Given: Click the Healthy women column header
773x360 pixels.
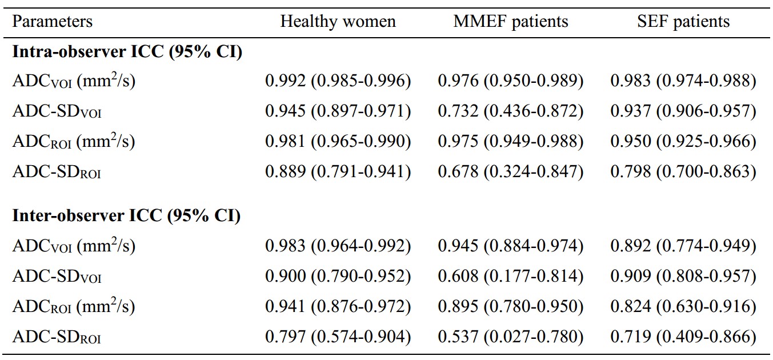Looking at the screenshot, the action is click(338, 21).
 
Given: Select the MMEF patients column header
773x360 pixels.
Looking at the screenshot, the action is click(510, 21).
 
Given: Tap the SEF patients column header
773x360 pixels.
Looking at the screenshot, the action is click(683, 21).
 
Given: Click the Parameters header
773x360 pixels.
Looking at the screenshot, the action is click(53, 21).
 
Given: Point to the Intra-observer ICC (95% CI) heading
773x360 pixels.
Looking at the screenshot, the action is click(127, 52).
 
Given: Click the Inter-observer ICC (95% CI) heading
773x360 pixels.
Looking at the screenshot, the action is click(126, 216).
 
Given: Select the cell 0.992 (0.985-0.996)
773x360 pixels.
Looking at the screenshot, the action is click(338, 81).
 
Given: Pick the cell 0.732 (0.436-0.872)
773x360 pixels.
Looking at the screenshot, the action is click(510, 111).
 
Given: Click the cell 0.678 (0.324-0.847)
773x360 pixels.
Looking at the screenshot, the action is click(510, 171).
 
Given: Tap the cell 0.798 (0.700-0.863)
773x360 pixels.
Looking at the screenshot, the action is click(683, 171).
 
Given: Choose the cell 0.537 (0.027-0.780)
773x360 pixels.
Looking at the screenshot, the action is click(510, 337).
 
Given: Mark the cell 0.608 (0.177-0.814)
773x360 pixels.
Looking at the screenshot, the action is click(510, 276).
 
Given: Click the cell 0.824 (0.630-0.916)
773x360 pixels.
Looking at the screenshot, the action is click(683, 306).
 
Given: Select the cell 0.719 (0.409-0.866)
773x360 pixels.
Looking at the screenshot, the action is click(683, 337).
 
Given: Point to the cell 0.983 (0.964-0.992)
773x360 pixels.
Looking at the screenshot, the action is click(338, 246).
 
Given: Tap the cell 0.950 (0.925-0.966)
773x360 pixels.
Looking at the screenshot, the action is click(683, 141).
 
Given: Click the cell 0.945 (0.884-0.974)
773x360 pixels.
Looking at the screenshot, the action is click(510, 246).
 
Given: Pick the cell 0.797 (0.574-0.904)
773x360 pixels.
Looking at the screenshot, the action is click(338, 337).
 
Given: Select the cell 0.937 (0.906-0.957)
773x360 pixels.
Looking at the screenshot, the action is click(683, 111).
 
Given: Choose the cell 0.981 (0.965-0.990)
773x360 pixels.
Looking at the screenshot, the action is click(338, 141).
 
